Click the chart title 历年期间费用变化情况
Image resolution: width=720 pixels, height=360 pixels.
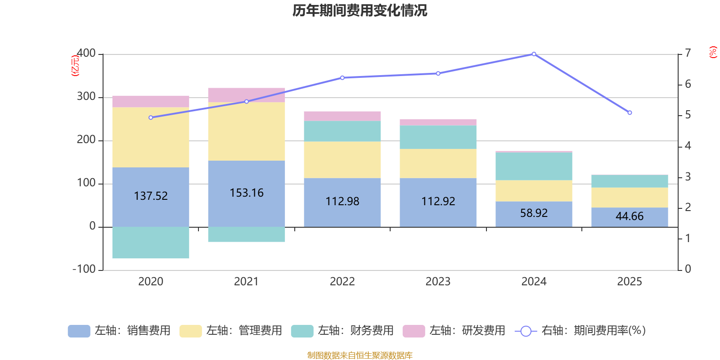(360, 10)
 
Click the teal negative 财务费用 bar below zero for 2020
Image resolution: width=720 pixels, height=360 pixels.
(150, 243)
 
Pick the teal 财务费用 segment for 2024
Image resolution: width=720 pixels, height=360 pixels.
(534, 166)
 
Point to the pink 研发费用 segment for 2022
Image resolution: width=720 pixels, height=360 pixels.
(342, 116)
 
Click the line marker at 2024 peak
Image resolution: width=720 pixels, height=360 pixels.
(534, 54)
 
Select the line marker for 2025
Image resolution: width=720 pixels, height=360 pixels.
(630, 112)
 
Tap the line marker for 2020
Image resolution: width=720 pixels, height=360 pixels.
(151, 117)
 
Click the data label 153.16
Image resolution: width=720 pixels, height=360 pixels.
(247, 193)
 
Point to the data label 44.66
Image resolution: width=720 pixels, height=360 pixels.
(630, 216)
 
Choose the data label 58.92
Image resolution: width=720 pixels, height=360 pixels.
(534, 213)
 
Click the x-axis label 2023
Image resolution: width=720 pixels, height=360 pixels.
(438, 282)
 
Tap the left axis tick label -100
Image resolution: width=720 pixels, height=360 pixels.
(84, 269)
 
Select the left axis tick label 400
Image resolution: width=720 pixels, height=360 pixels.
(86, 54)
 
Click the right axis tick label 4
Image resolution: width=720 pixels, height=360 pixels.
(688, 146)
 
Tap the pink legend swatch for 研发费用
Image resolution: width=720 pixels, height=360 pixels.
(414, 331)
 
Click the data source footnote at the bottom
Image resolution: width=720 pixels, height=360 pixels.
(360, 355)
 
